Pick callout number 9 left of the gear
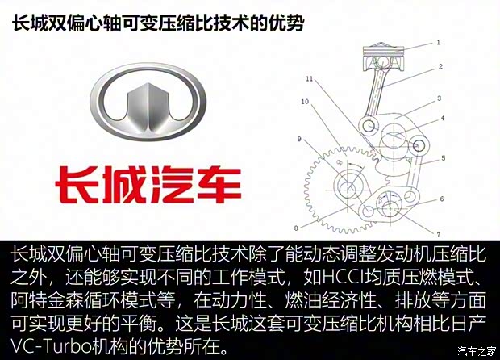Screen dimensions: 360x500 click(x=298, y=140)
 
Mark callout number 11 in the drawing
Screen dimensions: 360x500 click(x=309, y=78)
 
